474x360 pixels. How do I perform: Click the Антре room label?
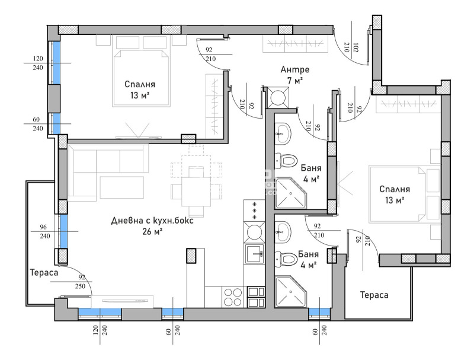point(294,69)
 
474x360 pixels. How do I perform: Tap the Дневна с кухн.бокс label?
point(152,221)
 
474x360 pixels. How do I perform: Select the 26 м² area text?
point(152,232)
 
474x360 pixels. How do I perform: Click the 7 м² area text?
point(294,81)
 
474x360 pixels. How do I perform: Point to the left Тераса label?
point(44,273)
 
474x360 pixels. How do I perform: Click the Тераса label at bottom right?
point(374,295)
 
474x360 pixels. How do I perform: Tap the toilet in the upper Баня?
point(285,161)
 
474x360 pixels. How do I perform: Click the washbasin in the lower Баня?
point(283,232)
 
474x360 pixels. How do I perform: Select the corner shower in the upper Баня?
point(290,193)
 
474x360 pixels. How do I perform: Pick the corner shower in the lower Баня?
point(290,291)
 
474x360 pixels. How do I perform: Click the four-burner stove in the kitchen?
point(233,297)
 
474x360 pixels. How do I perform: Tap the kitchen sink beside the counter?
point(254,253)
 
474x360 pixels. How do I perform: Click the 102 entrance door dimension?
point(356,47)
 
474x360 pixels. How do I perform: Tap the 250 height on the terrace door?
point(80,286)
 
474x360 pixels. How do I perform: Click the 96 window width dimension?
point(43,227)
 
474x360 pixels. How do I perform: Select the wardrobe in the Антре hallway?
point(295,44)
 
